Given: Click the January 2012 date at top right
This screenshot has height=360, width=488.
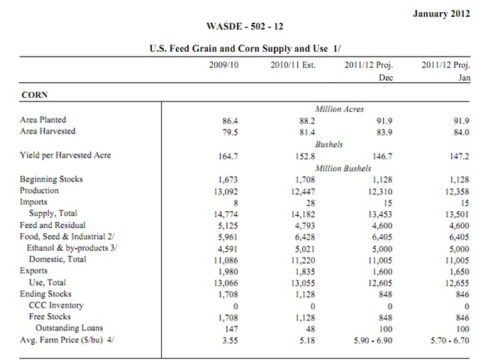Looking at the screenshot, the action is [441, 13].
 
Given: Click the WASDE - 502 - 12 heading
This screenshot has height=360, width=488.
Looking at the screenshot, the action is [245, 26].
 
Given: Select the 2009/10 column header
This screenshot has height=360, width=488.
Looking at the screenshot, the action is [223, 65].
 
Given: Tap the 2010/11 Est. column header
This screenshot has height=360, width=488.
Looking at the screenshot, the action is [293, 65].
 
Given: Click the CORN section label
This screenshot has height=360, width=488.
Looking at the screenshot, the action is [35, 95].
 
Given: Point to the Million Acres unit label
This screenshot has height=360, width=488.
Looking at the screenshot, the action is [339, 109].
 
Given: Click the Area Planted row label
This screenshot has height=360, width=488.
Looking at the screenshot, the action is [43, 120].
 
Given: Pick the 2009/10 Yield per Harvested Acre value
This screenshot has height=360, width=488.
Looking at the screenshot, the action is [228, 156].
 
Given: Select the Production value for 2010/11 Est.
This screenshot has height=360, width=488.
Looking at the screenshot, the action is [303, 191].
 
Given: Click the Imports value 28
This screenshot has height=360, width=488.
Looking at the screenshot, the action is [310, 203].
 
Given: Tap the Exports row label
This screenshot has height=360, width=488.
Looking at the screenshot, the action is [33, 271].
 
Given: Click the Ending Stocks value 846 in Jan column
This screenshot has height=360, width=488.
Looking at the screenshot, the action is [462, 294].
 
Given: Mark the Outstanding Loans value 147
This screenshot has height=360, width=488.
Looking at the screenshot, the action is [231, 329].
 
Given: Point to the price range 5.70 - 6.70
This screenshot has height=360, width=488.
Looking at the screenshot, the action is [450, 340].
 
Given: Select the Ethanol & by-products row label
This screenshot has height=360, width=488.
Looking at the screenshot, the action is [72, 248].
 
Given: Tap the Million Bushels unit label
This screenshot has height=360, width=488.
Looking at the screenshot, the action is [343, 169].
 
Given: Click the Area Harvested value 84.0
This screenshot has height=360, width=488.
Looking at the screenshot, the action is [461, 133].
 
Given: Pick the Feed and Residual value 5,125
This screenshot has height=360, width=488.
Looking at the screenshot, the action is [228, 225].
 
